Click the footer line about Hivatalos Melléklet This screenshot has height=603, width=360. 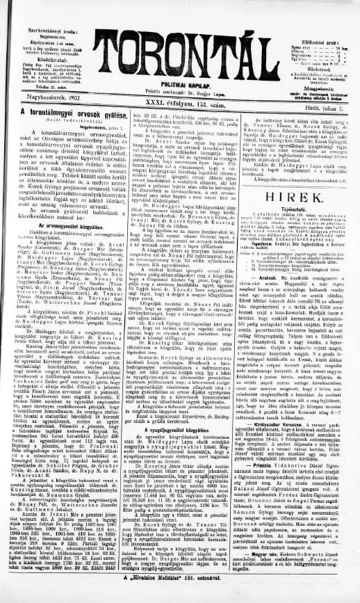[x=181, y=595]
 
